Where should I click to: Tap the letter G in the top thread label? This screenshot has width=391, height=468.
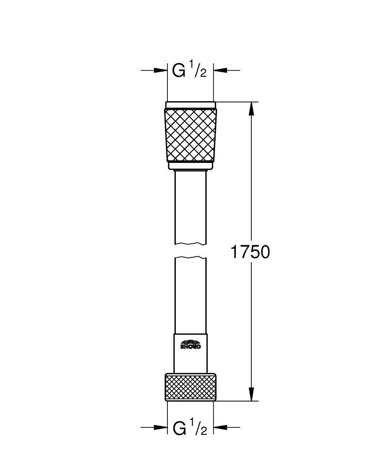pyautogui.click(x=179, y=71)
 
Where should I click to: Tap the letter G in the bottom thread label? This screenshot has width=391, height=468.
pyautogui.click(x=179, y=428)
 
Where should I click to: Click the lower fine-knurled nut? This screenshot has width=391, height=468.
pyautogui.click(x=190, y=386)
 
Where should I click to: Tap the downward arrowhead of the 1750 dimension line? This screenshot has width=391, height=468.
pyautogui.click(x=251, y=393)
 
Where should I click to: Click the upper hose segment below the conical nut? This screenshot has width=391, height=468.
pyautogui.click(x=190, y=206)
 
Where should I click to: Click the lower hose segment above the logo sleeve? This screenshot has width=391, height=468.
pyautogui.click(x=190, y=295)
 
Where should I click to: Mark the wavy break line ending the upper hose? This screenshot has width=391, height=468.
pyautogui.click(x=190, y=243)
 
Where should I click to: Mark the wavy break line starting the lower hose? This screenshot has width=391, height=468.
pyautogui.click(x=190, y=258)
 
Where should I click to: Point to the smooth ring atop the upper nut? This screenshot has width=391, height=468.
pyautogui.click(x=190, y=105)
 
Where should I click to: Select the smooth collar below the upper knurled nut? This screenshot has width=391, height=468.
pyautogui.click(x=190, y=165)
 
